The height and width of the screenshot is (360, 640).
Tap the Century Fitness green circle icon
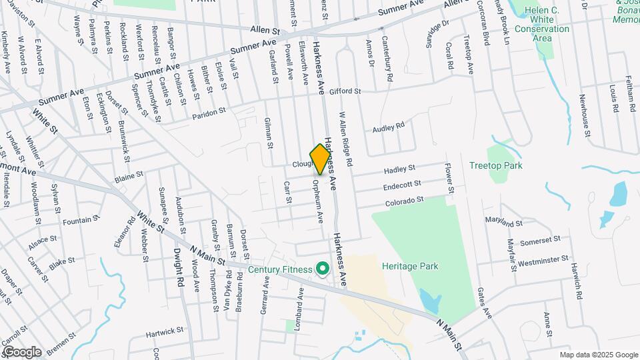[323, 269]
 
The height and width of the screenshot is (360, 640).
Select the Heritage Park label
[410, 266]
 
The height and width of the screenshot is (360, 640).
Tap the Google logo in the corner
[22, 351]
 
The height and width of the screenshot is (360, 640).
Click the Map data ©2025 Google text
[598, 355]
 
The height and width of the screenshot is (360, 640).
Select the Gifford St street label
[345, 91]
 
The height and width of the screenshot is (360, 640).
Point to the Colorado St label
[404, 200]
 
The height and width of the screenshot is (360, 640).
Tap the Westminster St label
[543, 259]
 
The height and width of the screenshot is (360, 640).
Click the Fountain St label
[83, 219]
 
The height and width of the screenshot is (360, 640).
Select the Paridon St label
[209, 114]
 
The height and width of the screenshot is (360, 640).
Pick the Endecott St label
[403, 184]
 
